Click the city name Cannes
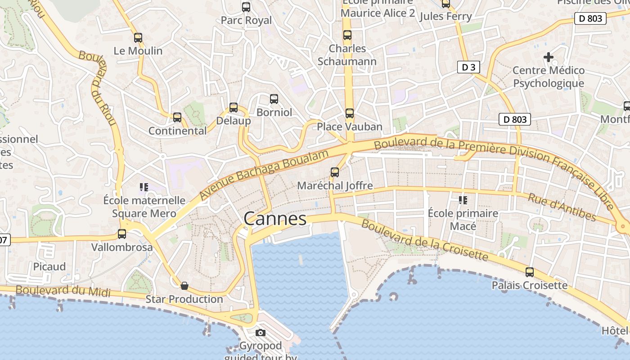pyautogui.click(x=275, y=219)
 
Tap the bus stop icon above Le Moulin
pyautogui.click(x=138, y=38)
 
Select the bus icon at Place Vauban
pyautogui.click(x=350, y=113)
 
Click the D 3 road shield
pyautogui.click(x=468, y=67)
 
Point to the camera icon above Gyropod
pyautogui.click(x=260, y=333)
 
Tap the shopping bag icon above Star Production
pyautogui.click(x=184, y=286)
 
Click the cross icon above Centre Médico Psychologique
pyautogui.click(x=548, y=57)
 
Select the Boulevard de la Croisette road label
pyautogui.click(x=424, y=240)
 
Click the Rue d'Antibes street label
pyautogui.click(x=568, y=208)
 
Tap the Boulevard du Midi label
pyautogui.click(x=63, y=291)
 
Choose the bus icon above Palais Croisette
pyautogui.click(x=530, y=272)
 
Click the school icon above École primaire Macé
pyautogui.click(x=463, y=200)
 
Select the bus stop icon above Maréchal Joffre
pyautogui.click(x=335, y=172)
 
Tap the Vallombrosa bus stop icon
pyautogui.click(x=122, y=234)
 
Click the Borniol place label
pyautogui.click(x=274, y=112)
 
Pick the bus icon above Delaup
pyautogui.click(x=234, y=108)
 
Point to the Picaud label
pyautogui.click(x=49, y=266)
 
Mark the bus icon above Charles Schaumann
pyautogui.click(x=347, y=35)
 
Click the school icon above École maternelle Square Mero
pyautogui.click(x=144, y=187)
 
